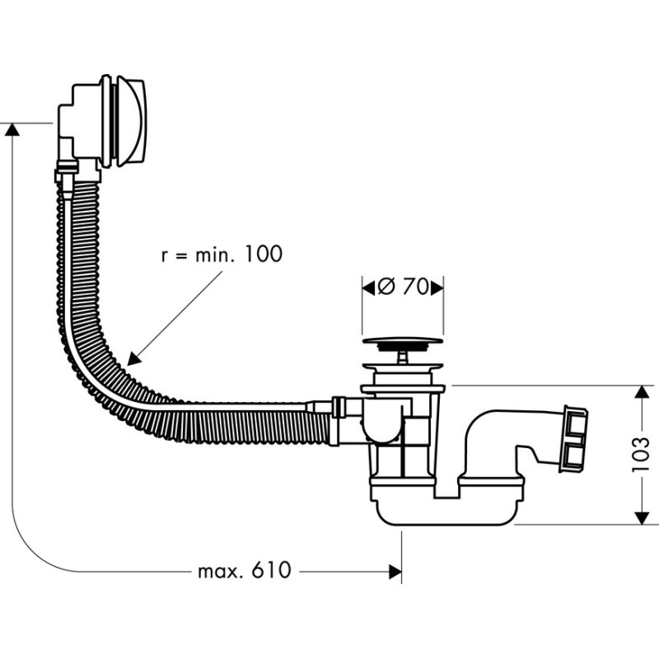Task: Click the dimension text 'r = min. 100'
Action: point(221,254)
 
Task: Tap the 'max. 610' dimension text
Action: point(245,570)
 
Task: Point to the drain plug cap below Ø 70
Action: point(403,339)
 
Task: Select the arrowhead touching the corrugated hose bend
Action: point(132,358)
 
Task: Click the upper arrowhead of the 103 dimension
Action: point(641,392)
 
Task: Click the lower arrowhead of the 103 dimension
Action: point(641,516)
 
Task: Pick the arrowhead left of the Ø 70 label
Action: point(367,287)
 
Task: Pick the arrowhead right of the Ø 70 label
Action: point(439,287)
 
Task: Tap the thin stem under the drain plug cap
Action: point(402,357)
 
